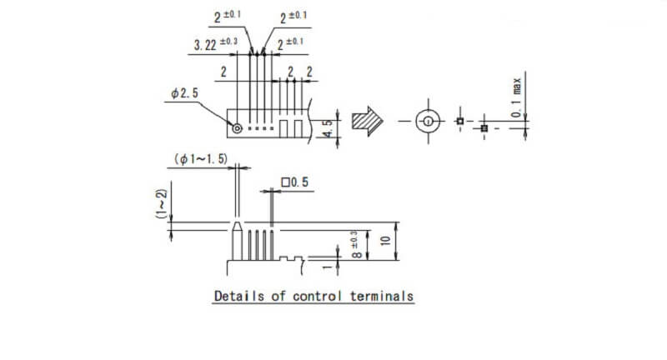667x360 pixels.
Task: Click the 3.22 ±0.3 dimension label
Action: click(216, 44)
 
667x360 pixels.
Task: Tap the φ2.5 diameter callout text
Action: click(184, 93)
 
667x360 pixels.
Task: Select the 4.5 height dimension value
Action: click(328, 129)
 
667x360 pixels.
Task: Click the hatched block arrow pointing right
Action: click(367, 121)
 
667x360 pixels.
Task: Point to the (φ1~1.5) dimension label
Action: click(201, 159)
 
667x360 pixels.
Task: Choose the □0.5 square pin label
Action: click(295, 182)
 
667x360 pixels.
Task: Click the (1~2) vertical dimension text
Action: click(161, 203)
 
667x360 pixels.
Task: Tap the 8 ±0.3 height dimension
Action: click(357, 244)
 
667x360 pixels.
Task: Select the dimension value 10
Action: click(385, 241)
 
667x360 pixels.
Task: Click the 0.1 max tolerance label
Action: click(516, 97)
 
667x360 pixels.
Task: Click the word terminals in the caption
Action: click(382, 296)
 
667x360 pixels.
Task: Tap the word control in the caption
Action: click(318, 296)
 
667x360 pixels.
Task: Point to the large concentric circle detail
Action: click(428, 112)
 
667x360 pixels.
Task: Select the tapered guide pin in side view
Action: click(237, 241)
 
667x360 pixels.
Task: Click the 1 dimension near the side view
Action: click(327, 267)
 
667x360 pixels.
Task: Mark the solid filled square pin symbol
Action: click(484, 128)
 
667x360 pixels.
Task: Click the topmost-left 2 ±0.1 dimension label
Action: click(227, 17)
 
